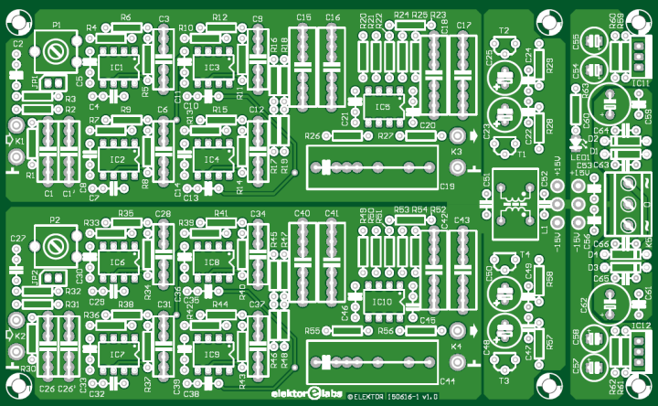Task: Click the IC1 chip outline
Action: (117, 69)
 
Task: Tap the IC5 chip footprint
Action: (382, 107)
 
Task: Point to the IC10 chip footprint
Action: (382, 300)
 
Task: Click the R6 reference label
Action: (125, 17)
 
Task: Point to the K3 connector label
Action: (457, 151)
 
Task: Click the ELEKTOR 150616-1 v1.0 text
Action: (395, 396)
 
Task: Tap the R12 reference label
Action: (219, 17)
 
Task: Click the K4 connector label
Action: (457, 346)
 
